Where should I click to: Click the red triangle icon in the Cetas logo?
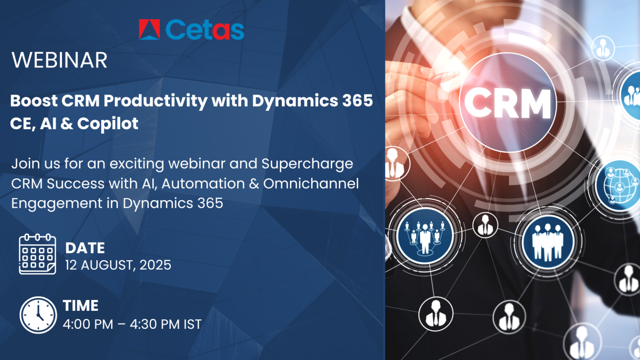149,30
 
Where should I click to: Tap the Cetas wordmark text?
205,30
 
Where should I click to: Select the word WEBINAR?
60,60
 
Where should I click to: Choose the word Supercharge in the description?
307,164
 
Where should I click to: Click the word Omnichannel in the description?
311,184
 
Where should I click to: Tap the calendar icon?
37,254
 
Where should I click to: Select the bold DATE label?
85,248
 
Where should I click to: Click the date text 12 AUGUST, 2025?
118,265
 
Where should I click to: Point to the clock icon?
38,315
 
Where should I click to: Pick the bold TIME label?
81,306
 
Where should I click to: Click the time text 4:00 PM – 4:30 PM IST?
132,324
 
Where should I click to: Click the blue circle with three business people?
547,241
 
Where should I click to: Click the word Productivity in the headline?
155,101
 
